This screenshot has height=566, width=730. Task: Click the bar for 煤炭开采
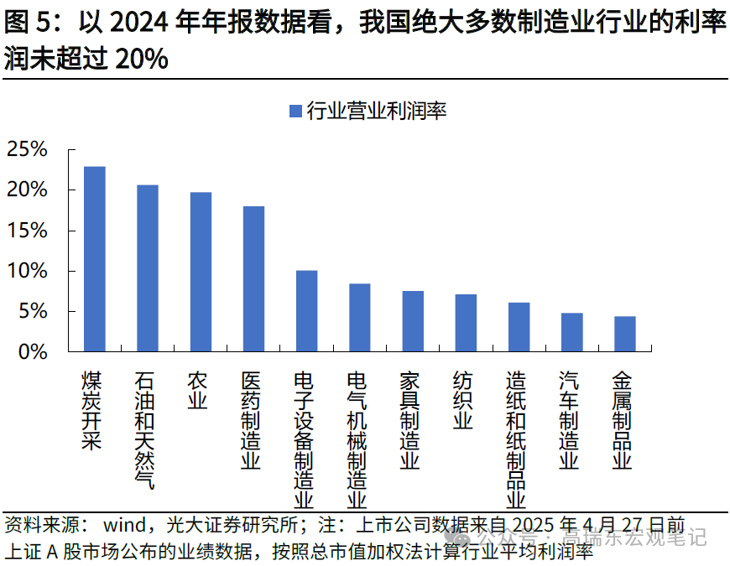(95, 258)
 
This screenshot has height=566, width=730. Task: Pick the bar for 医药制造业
(253, 278)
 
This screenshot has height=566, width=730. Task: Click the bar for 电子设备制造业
(306, 311)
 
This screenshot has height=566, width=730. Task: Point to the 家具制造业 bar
(413, 321)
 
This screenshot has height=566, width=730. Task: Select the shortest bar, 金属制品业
(624, 334)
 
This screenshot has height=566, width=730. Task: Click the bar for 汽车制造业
(571, 332)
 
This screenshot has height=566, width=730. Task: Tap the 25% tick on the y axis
(27, 150)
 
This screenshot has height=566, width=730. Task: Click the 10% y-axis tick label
(27, 272)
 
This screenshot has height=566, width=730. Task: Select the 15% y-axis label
(27, 231)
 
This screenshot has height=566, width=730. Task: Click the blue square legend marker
(294, 111)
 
